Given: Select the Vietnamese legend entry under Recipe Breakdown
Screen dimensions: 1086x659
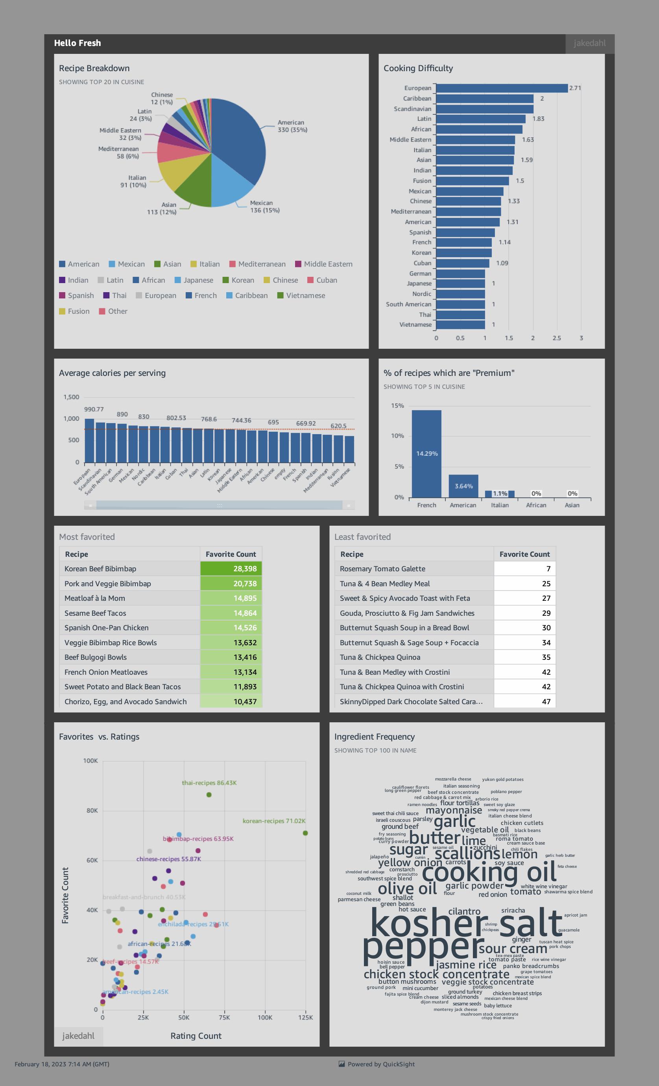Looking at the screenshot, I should click(305, 296).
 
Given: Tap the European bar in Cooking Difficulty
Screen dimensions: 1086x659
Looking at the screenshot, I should click(502, 88).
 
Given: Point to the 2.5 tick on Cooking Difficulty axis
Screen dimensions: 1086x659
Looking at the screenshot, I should click(557, 338).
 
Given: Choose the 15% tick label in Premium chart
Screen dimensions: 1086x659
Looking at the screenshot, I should click(397, 406).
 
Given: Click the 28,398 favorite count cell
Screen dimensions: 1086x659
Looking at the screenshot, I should click(231, 569).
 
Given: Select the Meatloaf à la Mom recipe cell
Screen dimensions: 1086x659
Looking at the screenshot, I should click(95, 598).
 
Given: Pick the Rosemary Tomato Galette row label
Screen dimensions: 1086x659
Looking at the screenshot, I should click(382, 569).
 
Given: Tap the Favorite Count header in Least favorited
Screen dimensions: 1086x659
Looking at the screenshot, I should click(524, 554).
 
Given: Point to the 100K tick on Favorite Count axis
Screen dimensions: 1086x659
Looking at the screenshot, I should click(90, 761).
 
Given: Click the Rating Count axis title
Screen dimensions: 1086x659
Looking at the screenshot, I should click(196, 1036).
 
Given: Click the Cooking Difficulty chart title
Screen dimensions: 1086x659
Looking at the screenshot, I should click(418, 68).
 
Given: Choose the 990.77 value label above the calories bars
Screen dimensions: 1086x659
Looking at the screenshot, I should click(94, 409).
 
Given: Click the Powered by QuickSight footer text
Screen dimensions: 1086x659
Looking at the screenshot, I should click(381, 1064).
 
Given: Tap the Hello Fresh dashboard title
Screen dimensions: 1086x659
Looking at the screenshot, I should click(78, 43).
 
